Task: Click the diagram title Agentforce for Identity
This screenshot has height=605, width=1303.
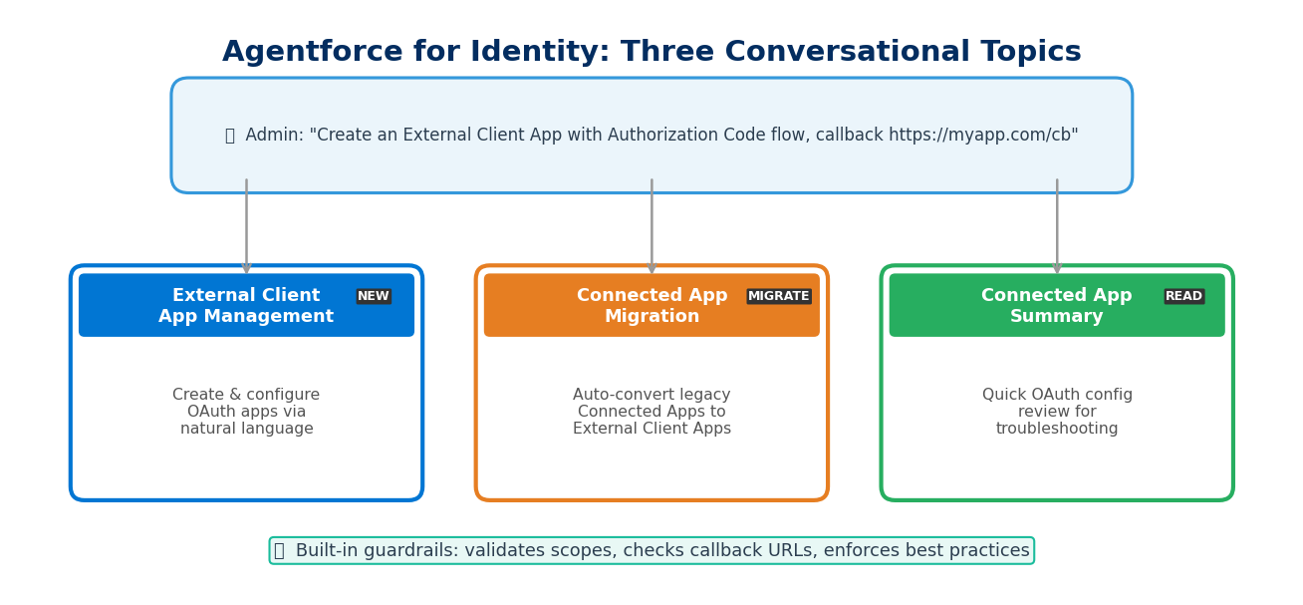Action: (651, 52)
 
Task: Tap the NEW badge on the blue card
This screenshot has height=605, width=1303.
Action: (374, 296)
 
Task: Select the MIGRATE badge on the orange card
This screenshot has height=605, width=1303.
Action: (779, 296)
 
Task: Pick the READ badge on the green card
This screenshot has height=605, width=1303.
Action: (1183, 296)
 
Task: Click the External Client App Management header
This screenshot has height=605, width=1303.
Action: (246, 306)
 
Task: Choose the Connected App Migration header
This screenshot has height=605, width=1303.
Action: (651, 306)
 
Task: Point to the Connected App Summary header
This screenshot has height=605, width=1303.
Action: (1056, 306)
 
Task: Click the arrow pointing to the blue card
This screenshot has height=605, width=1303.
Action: (246, 227)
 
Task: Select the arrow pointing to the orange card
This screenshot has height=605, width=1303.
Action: (651, 227)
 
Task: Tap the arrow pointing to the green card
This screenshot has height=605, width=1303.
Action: (1057, 227)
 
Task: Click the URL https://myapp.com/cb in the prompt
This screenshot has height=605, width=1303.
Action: (980, 136)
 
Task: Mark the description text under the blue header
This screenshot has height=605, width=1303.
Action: (246, 412)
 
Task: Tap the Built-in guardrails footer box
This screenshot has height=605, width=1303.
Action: (651, 550)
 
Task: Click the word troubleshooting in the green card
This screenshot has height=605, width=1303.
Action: (1057, 429)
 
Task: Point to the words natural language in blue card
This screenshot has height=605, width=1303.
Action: (246, 429)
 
